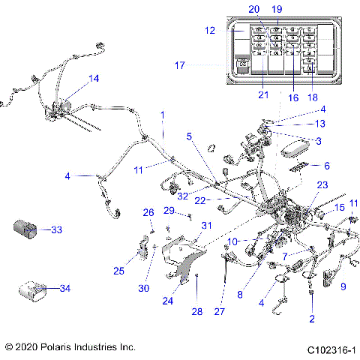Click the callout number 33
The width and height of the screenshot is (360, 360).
[56, 230]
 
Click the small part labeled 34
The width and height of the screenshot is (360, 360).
[32, 289]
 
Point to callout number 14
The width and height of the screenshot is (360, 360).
[94, 79]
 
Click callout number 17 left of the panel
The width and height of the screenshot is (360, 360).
[179, 65]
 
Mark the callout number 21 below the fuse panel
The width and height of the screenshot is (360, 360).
[262, 94]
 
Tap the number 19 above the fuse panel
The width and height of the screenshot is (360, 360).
[277, 9]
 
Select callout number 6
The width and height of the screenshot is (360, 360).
[325, 165]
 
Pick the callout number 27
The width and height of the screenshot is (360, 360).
[219, 310]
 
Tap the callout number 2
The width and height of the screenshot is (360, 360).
[311, 318]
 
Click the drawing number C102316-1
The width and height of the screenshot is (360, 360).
[330, 349]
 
